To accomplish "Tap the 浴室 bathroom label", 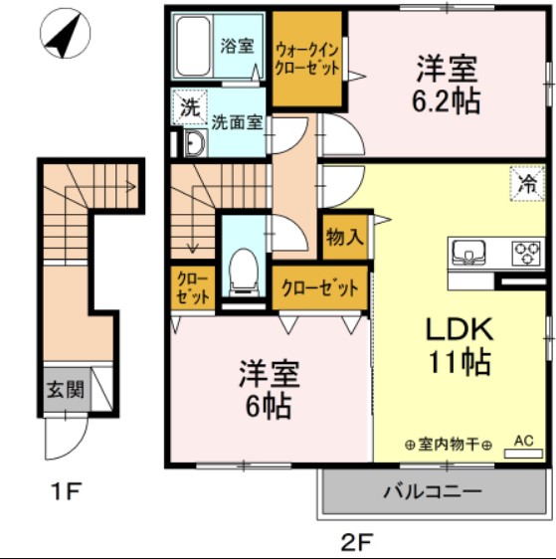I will tap(237, 47).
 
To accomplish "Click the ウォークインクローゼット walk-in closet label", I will tap(307, 59).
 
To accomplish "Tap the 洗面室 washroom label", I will tap(238, 123).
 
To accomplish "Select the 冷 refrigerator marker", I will tap(529, 183).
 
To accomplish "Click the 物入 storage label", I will tap(344, 238).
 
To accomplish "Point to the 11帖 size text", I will tap(460, 362).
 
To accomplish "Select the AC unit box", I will tap(524, 449).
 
